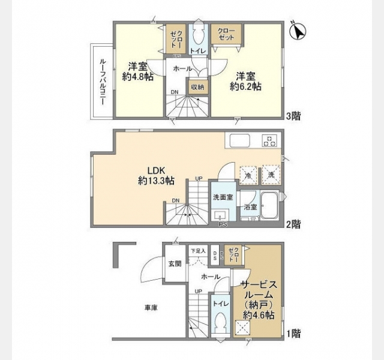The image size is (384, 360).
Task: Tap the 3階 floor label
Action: (293, 116)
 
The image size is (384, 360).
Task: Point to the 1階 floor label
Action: (293, 332)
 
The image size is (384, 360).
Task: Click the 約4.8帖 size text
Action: (137, 77)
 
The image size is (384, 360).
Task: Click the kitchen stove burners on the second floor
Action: (269, 141)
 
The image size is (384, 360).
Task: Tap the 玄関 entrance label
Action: (175, 263)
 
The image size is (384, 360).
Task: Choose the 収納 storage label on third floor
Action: (197, 87)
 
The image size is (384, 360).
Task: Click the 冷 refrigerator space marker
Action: (248, 175)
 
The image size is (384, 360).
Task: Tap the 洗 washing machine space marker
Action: (271, 175)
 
